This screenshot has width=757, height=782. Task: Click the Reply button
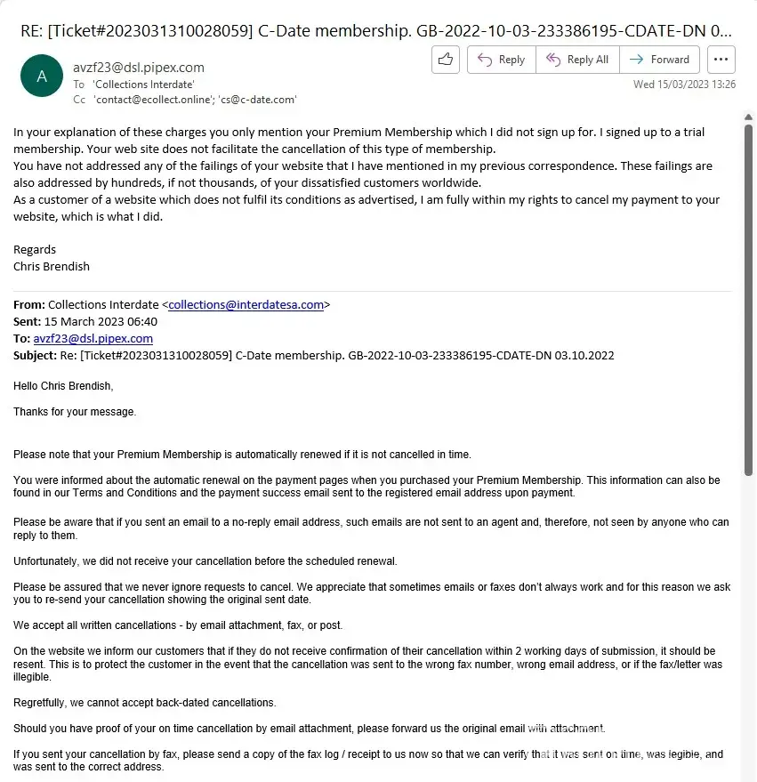click(x=501, y=60)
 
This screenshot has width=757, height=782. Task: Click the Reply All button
click(x=576, y=60)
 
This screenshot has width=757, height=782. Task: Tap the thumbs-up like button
click(x=446, y=60)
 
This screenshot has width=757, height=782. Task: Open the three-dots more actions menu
click(x=721, y=60)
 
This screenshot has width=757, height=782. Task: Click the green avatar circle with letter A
click(x=42, y=77)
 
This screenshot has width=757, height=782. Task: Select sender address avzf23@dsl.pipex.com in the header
click(x=138, y=67)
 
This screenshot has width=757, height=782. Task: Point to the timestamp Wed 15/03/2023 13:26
click(x=684, y=85)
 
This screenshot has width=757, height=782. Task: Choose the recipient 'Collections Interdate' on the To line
click(x=143, y=84)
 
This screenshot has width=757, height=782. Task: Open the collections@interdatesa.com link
click(x=246, y=304)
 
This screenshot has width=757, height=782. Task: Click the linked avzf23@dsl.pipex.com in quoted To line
click(x=93, y=338)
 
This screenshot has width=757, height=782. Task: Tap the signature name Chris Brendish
click(x=52, y=266)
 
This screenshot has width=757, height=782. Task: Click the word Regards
click(x=35, y=249)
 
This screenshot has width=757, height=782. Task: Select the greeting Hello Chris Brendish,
click(x=63, y=386)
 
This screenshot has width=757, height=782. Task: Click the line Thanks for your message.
click(x=75, y=412)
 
